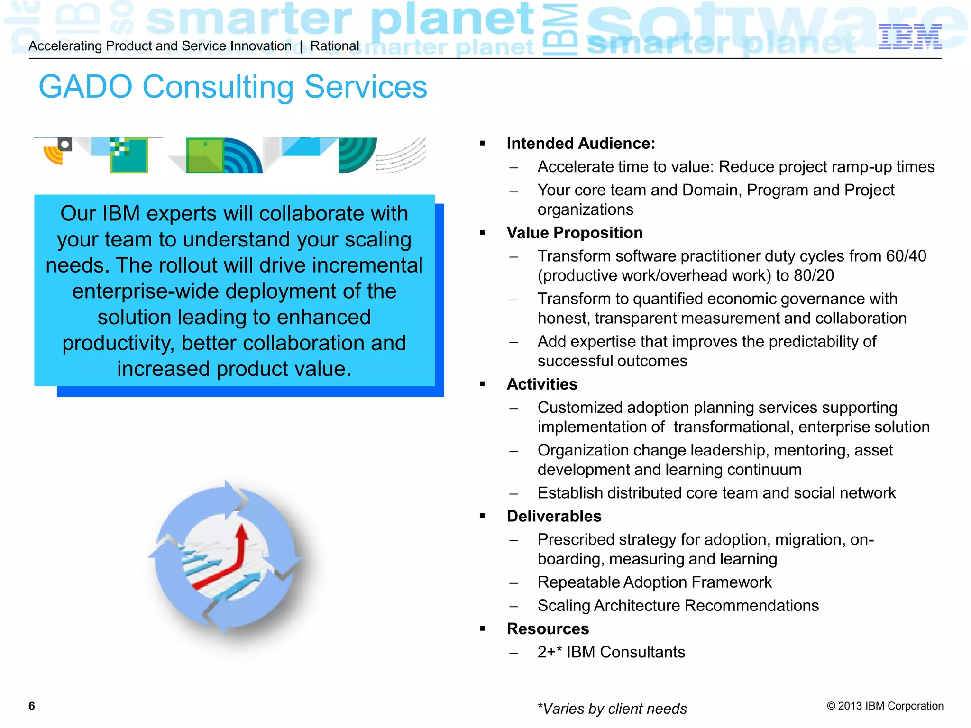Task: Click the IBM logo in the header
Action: pyautogui.click(x=910, y=36)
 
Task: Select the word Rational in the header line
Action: pyautogui.click(x=335, y=46)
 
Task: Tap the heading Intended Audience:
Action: pyautogui.click(x=580, y=143)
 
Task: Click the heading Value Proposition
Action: pyautogui.click(x=574, y=233)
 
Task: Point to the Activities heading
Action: pyautogui.click(x=541, y=384)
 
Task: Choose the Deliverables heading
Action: pyautogui.click(x=553, y=516)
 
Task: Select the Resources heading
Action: pyautogui.click(x=547, y=628)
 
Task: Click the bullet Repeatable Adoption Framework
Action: pyautogui.click(x=654, y=582)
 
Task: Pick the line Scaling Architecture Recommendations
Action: pyautogui.click(x=678, y=605)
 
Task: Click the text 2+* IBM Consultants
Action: pyautogui.click(x=611, y=652)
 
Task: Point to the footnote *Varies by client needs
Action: pyautogui.click(x=612, y=709)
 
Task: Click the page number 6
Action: pyautogui.click(x=32, y=706)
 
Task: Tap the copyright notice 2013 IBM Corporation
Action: pyautogui.click(x=885, y=706)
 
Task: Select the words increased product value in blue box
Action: pyautogui.click(x=234, y=369)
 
